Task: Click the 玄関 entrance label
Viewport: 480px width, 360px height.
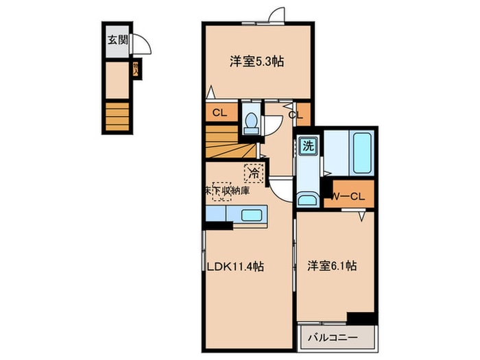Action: (115, 39)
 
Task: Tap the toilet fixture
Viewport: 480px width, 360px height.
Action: (250, 123)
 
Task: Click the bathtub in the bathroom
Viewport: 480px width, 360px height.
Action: (362, 152)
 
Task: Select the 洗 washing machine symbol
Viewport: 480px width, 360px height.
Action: (309, 146)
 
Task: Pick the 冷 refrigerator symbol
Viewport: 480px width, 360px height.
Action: (253, 173)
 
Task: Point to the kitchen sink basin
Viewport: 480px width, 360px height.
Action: (252, 215)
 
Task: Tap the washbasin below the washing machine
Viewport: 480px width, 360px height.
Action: (307, 200)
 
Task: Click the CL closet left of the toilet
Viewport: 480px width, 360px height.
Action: (220, 112)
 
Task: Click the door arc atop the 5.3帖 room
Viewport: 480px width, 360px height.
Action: (276, 15)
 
